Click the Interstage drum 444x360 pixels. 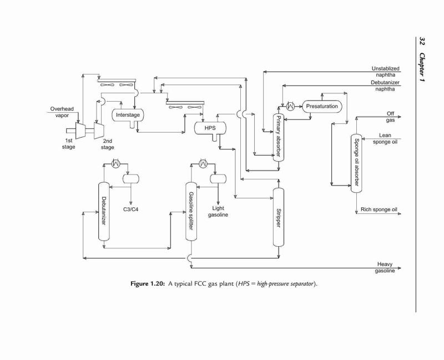(128, 116)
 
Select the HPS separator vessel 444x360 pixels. (210, 128)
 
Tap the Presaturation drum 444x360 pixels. (322, 107)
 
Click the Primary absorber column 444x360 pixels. (279, 137)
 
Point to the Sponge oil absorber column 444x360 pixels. (356, 163)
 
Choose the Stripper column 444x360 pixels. (279, 217)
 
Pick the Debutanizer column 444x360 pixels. (104, 212)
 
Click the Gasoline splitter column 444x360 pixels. (191, 212)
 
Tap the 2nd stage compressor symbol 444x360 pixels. (99, 131)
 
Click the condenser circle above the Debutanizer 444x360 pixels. (115, 163)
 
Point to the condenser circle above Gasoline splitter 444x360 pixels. (203, 163)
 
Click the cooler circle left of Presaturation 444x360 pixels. (290, 106)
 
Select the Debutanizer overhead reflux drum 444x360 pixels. (131, 178)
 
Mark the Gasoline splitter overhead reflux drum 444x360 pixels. (218, 178)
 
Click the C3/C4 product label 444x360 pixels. (131, 209)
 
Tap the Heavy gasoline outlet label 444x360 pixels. (385, 268)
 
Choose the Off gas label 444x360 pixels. (391, 117)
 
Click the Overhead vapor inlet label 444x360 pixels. (62, 112)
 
